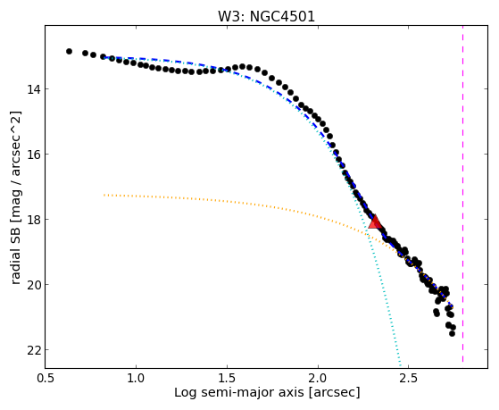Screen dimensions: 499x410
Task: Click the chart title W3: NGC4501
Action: pos(266,16)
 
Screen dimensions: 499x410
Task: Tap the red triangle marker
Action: pos(375,222)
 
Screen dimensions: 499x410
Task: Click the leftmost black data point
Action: pos(69,51)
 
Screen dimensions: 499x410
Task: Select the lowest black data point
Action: pos(452,333)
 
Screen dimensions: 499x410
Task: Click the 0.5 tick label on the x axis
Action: pos(46,378)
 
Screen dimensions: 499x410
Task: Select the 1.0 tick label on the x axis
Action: pos(137,378)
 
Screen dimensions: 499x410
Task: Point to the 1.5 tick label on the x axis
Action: pos(228,378)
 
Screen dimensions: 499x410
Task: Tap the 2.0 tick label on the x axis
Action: pos(319,378)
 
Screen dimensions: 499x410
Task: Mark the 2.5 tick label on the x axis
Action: pos(409,378)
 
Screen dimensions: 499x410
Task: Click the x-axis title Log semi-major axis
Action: pos(238,393)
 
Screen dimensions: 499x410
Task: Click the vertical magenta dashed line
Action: pos(462,194)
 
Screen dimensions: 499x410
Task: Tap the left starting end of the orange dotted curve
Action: pos(104,195)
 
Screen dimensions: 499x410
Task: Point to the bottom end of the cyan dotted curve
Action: pos(400,365)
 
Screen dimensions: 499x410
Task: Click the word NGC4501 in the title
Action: pos(283,16)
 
